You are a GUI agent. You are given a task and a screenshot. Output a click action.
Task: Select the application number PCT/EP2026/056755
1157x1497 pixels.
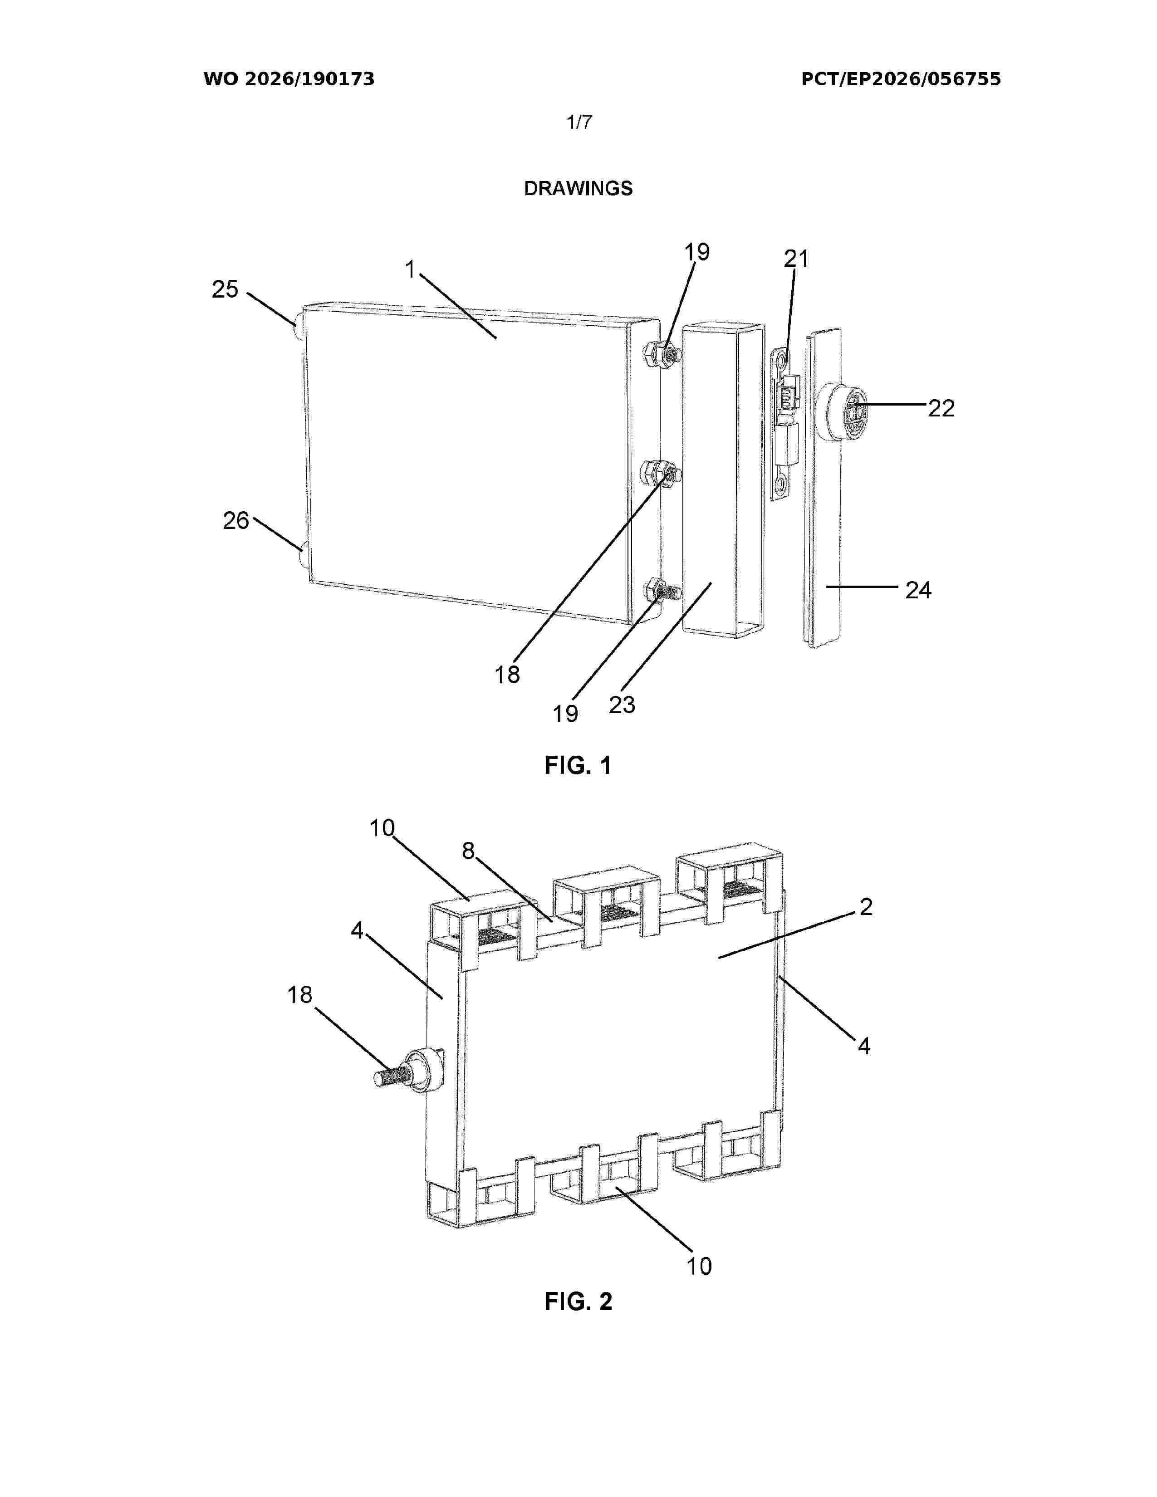[901, 79]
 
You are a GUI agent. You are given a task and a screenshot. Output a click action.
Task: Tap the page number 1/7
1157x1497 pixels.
[579, 122]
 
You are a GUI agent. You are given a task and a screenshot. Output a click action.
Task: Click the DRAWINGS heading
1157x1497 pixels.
[578, 189]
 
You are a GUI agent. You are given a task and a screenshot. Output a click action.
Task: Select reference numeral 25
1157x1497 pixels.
[225, 289]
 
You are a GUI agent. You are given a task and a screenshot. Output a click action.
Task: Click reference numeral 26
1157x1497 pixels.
[236, 521]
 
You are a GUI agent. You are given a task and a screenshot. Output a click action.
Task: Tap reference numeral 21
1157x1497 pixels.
[796, 259]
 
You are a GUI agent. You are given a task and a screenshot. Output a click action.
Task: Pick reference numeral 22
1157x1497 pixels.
[941, 409]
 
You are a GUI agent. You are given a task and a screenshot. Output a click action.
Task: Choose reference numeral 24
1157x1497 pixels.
[918, 590]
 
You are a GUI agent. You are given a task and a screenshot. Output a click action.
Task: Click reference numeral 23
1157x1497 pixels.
[622, 704]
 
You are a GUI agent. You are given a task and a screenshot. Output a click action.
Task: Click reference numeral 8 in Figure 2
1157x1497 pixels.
[468, 851]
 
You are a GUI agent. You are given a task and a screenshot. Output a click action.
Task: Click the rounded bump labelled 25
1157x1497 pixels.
[299, 328]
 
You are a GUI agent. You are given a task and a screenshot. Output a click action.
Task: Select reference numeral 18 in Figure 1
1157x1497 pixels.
[507, 675]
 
